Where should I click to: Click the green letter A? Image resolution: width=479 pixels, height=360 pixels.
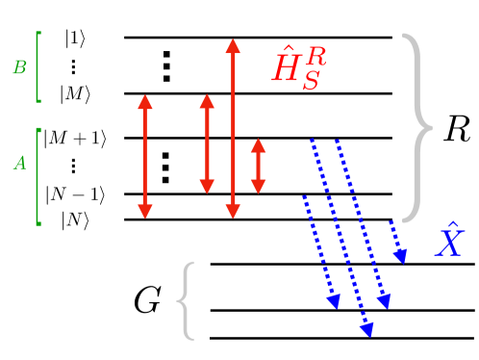coord(18,164)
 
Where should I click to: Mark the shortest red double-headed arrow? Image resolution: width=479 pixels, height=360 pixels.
coord(257,166)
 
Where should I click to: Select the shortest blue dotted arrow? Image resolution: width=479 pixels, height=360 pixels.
coord(398,241)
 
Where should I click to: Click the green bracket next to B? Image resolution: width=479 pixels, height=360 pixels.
coord(37,66)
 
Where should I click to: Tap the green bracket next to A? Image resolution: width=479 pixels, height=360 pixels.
coord(37,177)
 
